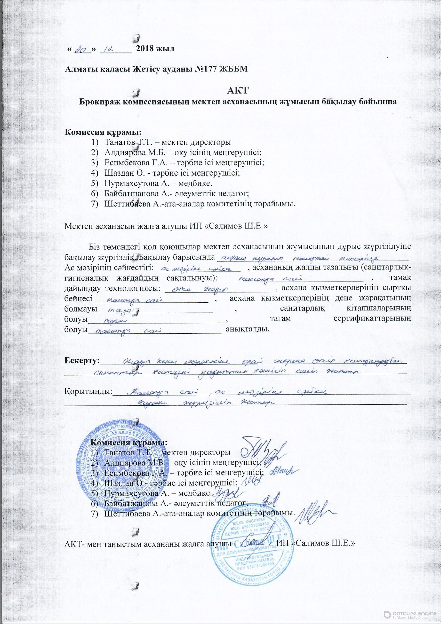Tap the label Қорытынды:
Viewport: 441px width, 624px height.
[88, 392]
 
